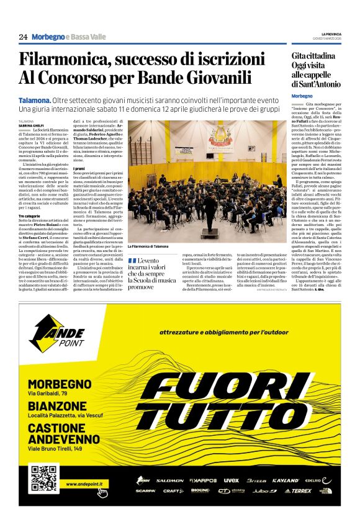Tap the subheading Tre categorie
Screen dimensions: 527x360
click(30, 215)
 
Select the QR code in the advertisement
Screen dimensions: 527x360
click(43, 477)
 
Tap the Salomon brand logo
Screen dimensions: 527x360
click(169, 480)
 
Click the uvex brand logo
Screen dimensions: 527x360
click(231, 480)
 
